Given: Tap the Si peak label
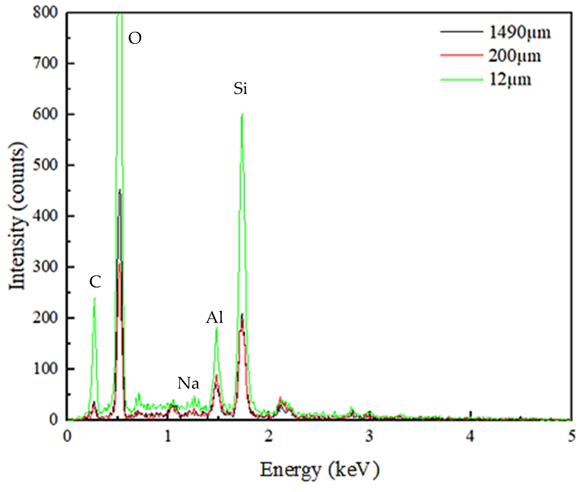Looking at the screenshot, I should [240, 89].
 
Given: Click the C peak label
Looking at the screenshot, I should [95, 282].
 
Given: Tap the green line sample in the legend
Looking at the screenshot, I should [461, 80].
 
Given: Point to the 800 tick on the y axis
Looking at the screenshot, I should [45, 13].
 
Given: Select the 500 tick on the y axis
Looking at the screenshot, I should [45, 165].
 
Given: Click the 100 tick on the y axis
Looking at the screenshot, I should [45, 369].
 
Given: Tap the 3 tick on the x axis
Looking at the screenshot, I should [370, 436].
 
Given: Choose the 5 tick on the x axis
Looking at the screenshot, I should [571, 436].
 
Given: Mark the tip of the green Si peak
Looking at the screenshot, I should [242, 114].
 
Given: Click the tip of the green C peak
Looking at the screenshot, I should [95, 298].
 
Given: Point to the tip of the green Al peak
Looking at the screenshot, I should [216, 328].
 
